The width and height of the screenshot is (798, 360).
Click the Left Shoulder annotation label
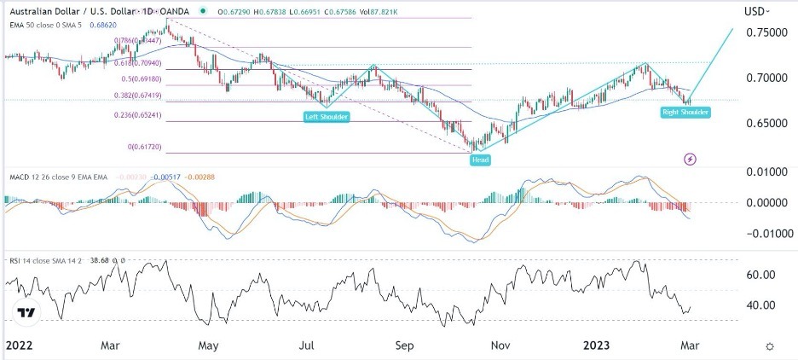point(327,116)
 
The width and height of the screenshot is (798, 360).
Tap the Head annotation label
point(480,160)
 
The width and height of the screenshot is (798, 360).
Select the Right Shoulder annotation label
point(686,112)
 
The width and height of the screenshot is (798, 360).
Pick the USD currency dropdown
point(757,11)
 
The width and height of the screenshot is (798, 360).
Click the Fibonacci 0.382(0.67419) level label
point(137,96)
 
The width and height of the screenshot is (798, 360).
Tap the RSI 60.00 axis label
point(760,275)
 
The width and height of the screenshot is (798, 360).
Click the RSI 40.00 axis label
point(760,305)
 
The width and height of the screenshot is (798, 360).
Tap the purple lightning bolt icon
point(691,159)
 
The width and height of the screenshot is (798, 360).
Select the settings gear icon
point(770,346)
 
